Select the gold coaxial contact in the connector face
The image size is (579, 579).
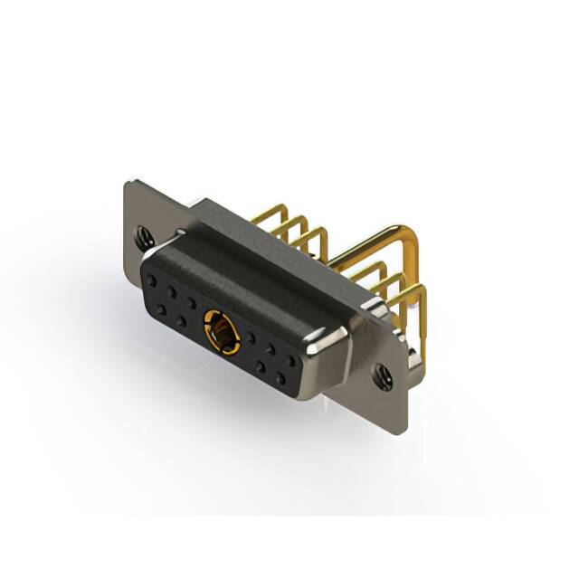click(222, 331)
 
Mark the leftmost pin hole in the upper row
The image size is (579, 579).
click(151, 281)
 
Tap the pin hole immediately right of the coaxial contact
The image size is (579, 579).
click(250, 340)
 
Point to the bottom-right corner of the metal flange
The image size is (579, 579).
click(403, 432)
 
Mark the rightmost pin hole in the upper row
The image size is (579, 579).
click(290, 359)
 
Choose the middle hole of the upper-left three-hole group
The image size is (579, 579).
click(171, 291)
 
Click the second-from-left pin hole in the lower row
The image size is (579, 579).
click(181, 319)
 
